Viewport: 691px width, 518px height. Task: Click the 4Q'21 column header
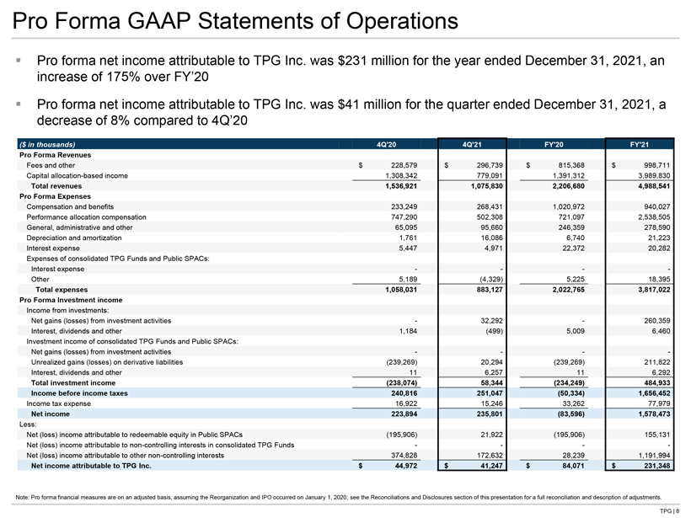[x=472, y=145]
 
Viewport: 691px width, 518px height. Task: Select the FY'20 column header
[x=554, y=145]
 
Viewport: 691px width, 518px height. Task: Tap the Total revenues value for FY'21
[x=654, y=186]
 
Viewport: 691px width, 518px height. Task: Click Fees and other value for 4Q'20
[x=404, y=165]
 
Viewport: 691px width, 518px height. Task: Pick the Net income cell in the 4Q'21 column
[x=489, y=414]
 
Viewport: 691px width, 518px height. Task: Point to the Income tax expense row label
[x=59, y=403]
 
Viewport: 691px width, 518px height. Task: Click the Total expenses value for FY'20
[x=569, y=290]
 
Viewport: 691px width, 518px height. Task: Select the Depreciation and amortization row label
[x=74, y=238]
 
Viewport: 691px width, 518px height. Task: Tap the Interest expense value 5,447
[x=408, y=248]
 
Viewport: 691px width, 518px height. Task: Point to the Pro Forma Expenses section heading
[x=55, y=196]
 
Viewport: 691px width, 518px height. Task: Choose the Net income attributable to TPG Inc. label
[x=91, y=466]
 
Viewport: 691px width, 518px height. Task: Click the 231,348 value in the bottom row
[x=656, y=466]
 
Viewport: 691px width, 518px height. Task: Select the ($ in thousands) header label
[x=47, y=145]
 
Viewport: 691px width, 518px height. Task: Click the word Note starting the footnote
[x=22, y=497]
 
